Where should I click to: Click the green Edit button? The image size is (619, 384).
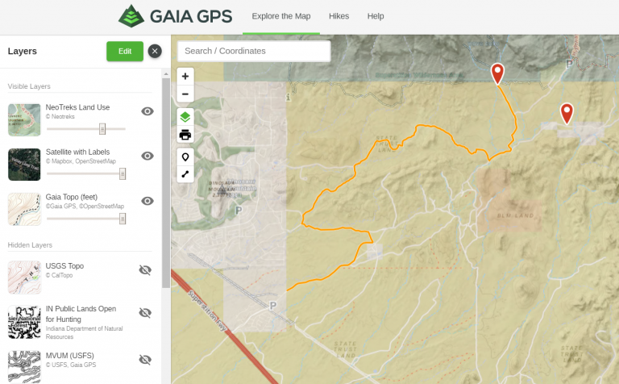[125, 52]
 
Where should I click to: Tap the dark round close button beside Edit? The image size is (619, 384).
[155, 52]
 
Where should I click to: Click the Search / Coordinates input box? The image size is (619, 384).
[253, 51]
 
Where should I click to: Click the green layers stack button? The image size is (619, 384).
[185, 118]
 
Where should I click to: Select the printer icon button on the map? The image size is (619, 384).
[185, 135]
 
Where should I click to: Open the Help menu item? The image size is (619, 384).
[376, 16]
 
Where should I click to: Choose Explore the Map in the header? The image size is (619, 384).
[281, 16]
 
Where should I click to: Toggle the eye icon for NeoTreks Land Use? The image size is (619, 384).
[147, 111]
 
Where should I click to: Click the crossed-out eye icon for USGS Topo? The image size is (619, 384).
[145, 269]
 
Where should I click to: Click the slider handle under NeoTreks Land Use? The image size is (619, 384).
[102, 128]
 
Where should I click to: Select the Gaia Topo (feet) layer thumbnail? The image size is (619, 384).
[23, 209]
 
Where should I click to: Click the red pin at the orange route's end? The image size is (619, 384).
[498, 73]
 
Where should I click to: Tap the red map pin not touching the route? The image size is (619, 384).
[567, 113]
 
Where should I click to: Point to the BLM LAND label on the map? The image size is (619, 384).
[515, 215]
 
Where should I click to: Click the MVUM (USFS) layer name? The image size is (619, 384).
[68, 356]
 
